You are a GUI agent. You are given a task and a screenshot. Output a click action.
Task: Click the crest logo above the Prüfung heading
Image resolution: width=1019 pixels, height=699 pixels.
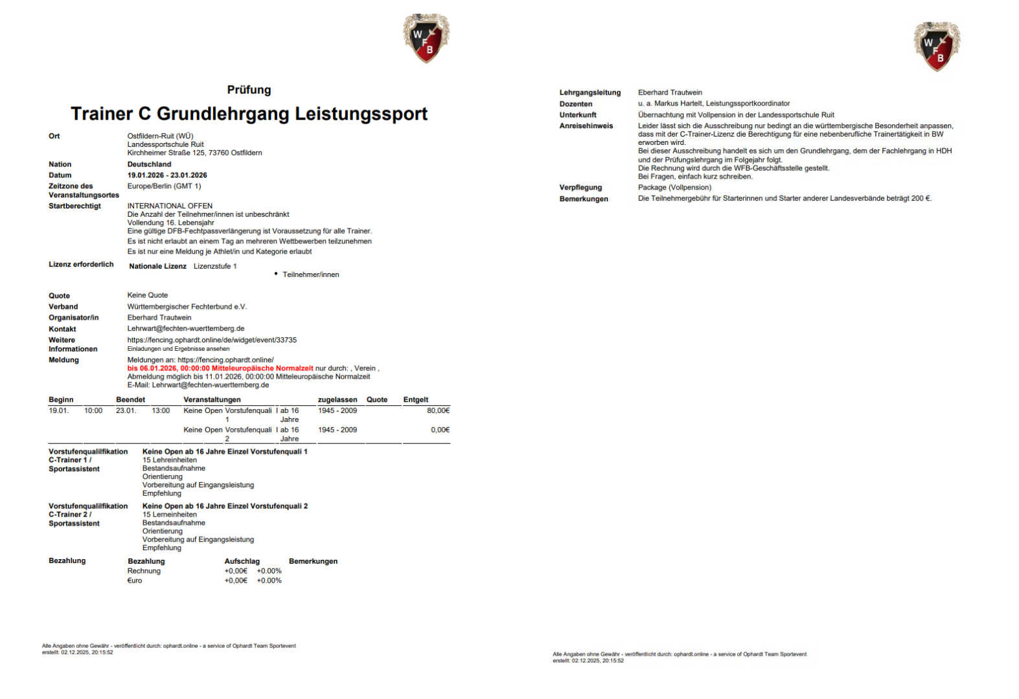click(x=426, y=38)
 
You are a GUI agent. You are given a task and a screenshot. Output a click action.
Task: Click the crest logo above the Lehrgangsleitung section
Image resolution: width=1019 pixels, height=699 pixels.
click(x=936, y=46)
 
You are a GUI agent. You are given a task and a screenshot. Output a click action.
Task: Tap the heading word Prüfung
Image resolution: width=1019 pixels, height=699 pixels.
click(x=249, y=90)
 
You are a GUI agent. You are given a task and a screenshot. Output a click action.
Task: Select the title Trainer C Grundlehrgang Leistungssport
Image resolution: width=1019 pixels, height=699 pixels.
click(x=249, y=114)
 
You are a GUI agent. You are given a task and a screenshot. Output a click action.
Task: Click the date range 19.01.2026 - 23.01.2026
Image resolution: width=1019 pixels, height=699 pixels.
click(x=167, y=175)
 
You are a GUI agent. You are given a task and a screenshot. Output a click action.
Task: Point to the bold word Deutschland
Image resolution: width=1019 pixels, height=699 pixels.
click(x=149, y=164)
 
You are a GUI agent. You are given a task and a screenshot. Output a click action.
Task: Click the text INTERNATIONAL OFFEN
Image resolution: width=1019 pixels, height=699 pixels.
click(x=170, y=206)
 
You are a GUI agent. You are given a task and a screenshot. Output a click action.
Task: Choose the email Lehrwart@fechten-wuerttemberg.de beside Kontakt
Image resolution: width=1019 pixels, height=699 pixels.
click(x=185, y=329)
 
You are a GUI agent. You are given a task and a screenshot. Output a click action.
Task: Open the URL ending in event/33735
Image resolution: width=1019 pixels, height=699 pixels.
click(x=212, y=340)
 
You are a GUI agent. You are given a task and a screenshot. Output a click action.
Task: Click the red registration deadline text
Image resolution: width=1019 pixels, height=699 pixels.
click(x=220, y=368)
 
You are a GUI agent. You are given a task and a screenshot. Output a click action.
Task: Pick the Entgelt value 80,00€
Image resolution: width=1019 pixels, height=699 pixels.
click(x=438, y=410)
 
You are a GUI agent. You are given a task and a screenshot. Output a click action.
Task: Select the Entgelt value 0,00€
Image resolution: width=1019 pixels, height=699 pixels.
click(x=440, y=430)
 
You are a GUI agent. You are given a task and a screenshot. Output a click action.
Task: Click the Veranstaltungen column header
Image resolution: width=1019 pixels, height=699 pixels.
click(x=212, y=400)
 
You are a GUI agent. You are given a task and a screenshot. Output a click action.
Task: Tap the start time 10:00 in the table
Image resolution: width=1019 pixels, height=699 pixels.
click(x=93, y=410)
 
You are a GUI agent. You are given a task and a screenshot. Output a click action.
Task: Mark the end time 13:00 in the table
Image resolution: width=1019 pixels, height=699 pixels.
click(x=161, y=410)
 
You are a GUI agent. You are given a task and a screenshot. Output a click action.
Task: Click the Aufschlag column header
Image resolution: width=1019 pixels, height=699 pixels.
click(x=242, y=561)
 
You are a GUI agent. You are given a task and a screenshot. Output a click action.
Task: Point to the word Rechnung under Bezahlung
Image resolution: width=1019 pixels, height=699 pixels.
click(x=144, y=571)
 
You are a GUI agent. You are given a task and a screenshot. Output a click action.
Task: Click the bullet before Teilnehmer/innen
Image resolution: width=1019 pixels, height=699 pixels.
click(x=276, y=274)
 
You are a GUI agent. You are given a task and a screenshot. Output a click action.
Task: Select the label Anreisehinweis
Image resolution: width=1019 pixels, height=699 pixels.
click(x=586, y=126)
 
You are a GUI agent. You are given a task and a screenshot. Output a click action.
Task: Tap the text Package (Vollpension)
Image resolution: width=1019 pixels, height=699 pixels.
click(x=674, y=188)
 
